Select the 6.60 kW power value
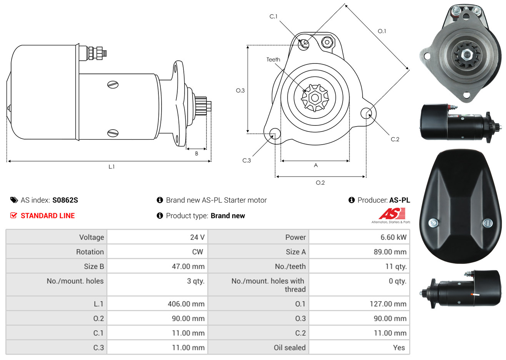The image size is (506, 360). coord(393,237)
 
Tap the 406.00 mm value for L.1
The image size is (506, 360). coord(186,304)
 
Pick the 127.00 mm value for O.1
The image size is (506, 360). coord(388,304)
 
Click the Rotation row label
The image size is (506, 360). coord(90,252)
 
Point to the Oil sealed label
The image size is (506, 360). coord(290,348)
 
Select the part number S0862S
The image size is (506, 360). coord(65,200)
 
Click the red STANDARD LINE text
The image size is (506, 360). coord(48,216)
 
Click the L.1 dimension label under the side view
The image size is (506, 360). coord(112,167)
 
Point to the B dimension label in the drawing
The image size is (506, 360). coord(196,154)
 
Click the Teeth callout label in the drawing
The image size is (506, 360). coord(273,60)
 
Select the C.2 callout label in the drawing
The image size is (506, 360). coord(395,139)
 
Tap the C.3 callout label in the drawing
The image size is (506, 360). coord(246,160)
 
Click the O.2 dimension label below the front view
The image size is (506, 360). coord(320,183)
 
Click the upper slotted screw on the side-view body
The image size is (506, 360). coord(113,85)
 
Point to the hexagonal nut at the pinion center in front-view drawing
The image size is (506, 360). coord(315,98)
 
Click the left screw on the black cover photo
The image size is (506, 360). coord(433,223)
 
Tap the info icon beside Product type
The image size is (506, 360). coord(160,216)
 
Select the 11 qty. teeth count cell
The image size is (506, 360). coord(396,267)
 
